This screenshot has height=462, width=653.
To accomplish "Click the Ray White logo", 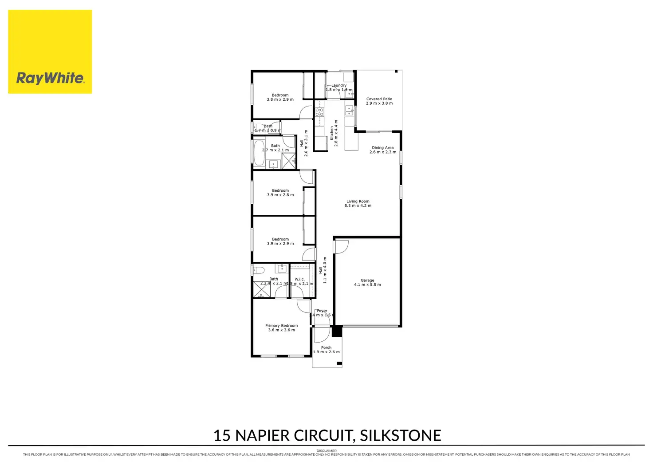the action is [50, 52].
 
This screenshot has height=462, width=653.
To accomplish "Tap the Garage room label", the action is [367, 280].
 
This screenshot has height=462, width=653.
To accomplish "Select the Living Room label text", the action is [358, 201].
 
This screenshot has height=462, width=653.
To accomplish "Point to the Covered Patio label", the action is [379, 99].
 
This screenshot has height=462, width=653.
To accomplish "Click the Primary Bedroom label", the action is [281, 326].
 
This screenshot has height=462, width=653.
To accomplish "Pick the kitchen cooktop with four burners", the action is [319, 112].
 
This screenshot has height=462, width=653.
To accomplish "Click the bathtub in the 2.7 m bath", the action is [259, 152].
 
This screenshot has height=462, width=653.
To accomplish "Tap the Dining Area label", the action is [382, 148].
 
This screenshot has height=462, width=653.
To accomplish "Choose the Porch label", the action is [326, 347].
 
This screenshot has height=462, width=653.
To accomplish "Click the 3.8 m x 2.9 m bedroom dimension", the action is [280, 100].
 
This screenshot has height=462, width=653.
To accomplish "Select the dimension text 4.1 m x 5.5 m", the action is [367, 285].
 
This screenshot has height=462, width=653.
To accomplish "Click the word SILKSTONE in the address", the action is [400, 435].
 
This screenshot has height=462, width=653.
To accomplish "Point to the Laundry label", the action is [339, 85].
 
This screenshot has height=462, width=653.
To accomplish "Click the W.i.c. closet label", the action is [299, 279].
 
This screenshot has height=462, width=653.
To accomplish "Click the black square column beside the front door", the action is [337, 331].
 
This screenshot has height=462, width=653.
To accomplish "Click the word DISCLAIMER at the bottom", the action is [326, 451].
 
